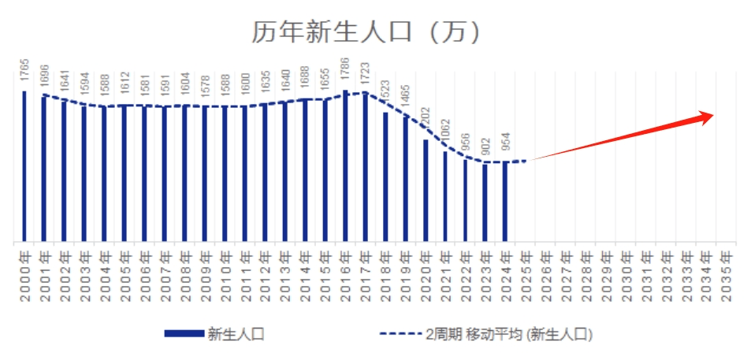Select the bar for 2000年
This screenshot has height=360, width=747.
[x=24, y=166]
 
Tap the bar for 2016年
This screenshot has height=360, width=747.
[x=345, y=165]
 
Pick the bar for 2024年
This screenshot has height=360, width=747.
[x=505, y=202]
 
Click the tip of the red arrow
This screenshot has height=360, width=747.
[x=713, y=115]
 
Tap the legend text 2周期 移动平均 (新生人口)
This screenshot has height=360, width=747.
[x=507, y=334]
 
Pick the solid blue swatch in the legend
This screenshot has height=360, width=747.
[x=183, y=334]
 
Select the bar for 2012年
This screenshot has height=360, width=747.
[x=265, y=173]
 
